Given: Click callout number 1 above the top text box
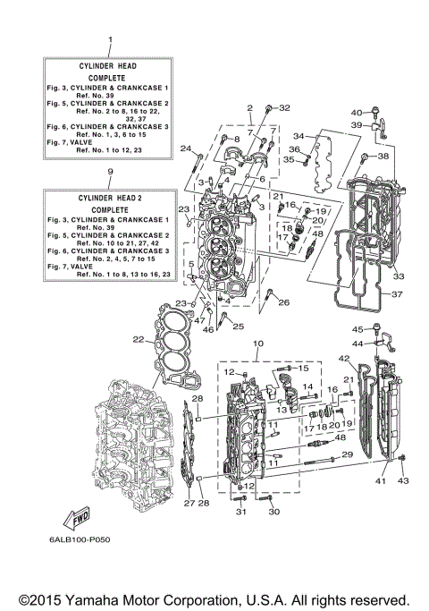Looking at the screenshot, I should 110,41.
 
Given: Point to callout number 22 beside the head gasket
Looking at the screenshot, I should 137,339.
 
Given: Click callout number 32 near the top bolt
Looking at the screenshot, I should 285,107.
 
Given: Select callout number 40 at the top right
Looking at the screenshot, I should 355,112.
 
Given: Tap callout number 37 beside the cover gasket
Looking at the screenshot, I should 399,294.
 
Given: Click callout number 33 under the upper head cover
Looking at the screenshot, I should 374,276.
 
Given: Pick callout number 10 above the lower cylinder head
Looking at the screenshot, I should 257,344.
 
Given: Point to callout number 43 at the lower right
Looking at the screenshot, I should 402,482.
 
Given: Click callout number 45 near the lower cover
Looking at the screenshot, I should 355,329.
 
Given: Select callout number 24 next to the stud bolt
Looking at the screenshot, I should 186,149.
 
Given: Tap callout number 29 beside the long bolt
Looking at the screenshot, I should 348,455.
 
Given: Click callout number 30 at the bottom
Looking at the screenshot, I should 274,512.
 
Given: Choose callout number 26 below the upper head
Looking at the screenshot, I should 284,303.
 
